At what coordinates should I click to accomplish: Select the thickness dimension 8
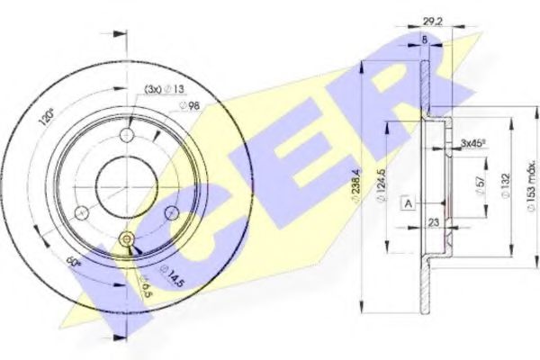[x=425, y=40]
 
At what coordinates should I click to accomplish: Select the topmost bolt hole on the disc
[x=126, y=134]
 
